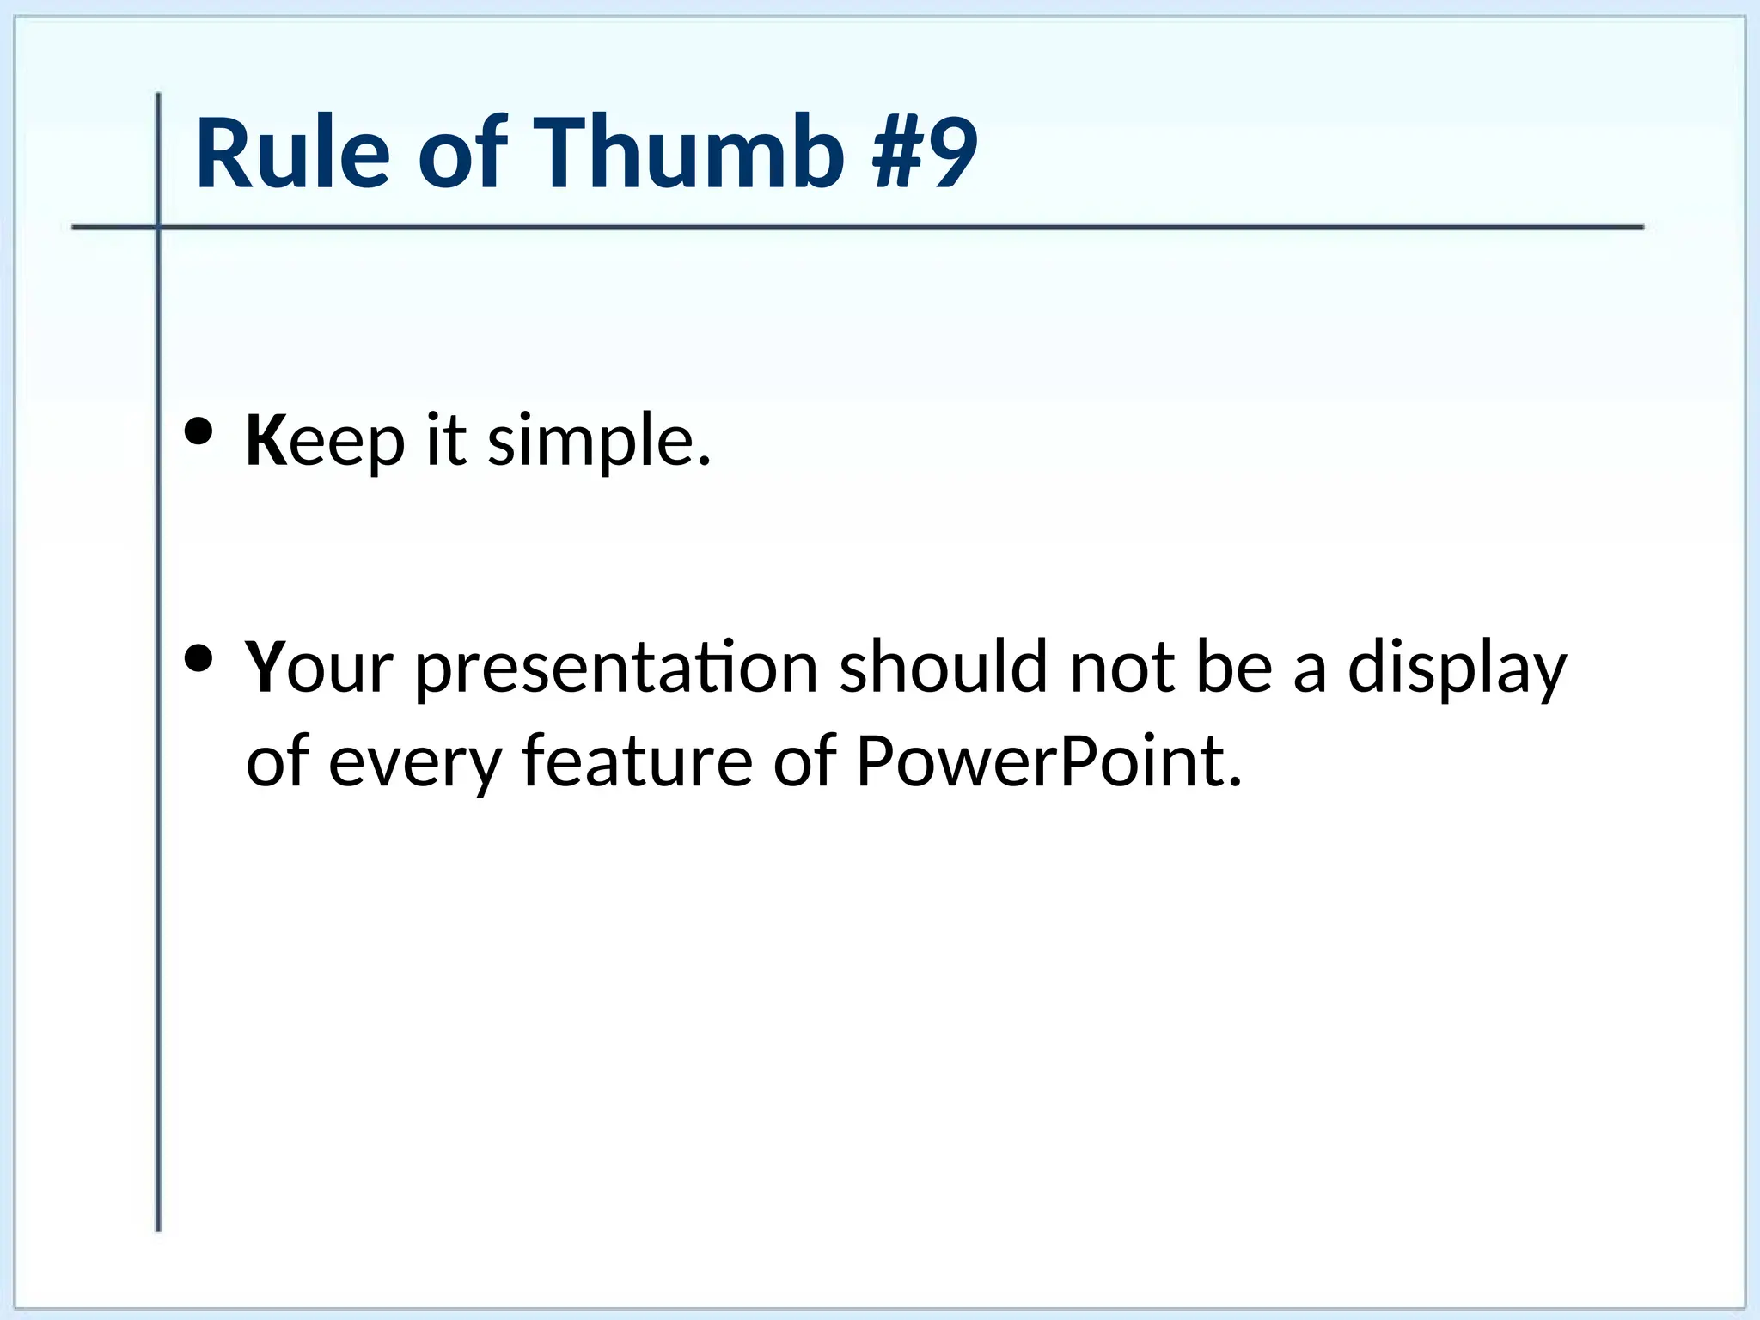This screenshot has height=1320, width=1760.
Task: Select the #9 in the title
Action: pos(925,153)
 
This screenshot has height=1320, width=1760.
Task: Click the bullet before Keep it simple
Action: pos(199,433)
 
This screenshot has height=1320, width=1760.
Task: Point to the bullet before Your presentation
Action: pos(199,659)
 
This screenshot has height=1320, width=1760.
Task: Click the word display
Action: pos(1457,669)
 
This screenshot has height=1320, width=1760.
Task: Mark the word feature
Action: pos(636,761)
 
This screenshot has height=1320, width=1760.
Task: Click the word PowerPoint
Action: pos(1048,761)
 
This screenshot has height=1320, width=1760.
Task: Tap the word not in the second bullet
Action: pos(1121,667)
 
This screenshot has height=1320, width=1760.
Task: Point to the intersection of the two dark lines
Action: pos(158,227)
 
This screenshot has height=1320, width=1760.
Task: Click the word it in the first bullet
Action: pos(446,440)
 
